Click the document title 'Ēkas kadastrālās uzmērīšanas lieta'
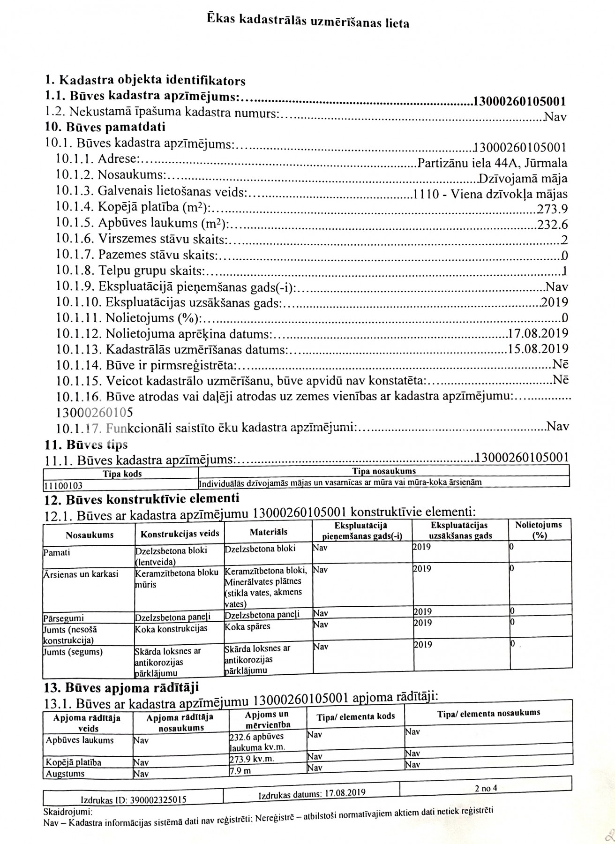coord(308,21)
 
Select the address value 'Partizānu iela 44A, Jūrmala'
coord(492,163)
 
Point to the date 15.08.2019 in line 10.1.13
coord(538,349)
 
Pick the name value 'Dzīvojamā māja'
coord(523,179)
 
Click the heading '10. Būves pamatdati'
coord(105,127)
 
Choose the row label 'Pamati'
coord(56,552)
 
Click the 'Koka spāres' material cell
coord(247,627)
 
